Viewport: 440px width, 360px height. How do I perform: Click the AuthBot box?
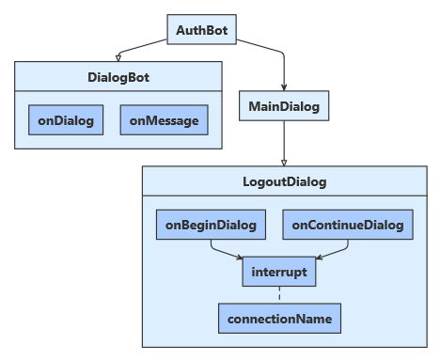(x=202, y=29)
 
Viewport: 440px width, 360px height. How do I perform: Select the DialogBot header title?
(x=118, y=77)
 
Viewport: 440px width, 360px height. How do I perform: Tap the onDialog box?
(x=66, y=120)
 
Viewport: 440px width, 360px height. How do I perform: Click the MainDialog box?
(x=284, y=106)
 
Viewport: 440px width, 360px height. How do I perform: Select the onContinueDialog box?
(x=348, y=225)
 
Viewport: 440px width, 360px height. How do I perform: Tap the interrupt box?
(x=278, y=272)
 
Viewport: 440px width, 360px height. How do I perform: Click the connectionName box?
(x=278, y=319)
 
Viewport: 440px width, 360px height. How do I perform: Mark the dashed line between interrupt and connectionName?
(x=278, y=295)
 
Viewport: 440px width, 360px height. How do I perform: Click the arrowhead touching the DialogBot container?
(x=118, y=58)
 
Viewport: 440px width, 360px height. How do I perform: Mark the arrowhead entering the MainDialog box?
(x=284, y=87)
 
